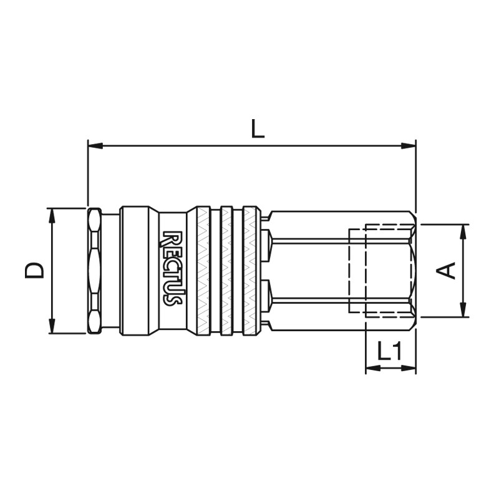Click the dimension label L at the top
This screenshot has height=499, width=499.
(258, 129)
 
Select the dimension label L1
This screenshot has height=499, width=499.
(390, 351)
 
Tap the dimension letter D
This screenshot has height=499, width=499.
(34, 271)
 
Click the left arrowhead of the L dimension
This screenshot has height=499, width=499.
(95, 146)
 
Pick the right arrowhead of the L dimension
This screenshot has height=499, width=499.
(409, 146)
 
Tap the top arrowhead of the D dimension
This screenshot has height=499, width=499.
(52, 216)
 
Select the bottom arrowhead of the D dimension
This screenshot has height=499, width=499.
(52, 326)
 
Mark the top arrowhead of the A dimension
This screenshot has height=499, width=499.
(463, 232)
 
